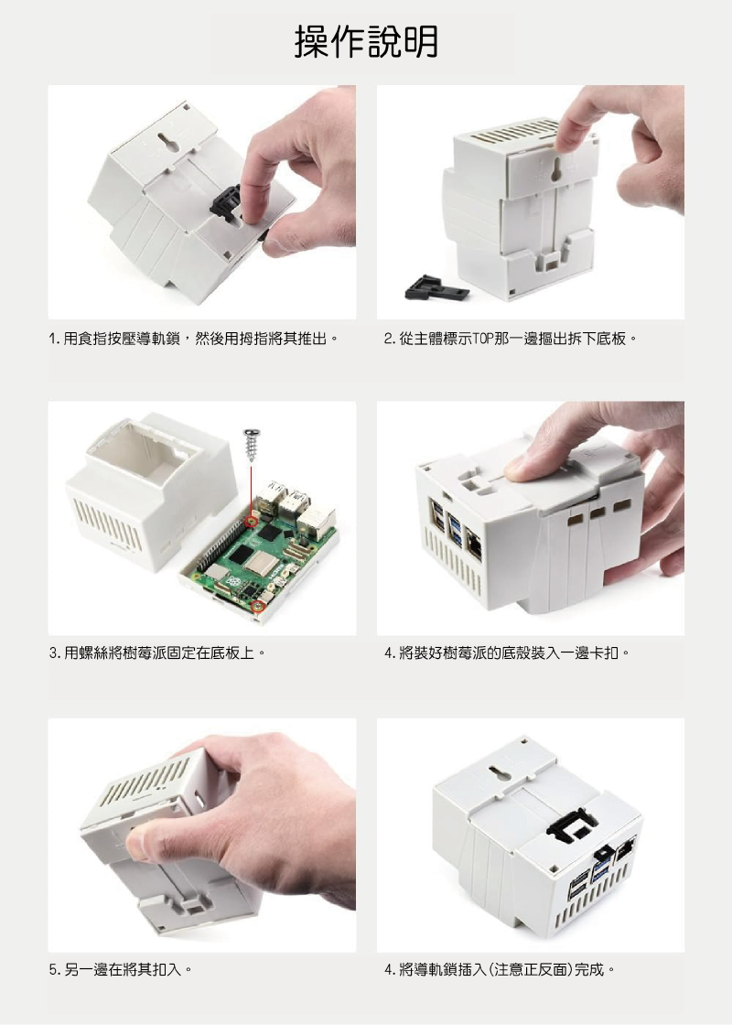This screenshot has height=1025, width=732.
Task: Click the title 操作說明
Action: pos(366,41)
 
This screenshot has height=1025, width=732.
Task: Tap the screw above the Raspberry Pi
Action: pos(252,444)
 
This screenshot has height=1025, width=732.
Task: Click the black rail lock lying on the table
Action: pos(436,287)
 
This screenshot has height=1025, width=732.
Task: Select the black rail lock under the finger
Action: pos(226,200)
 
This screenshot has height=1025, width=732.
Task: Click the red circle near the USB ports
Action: pos(251,521)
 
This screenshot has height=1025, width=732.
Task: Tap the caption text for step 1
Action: pos(194,339)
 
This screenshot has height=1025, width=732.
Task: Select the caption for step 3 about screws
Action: pos(157,653)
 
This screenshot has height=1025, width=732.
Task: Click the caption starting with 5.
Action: pos(121,969)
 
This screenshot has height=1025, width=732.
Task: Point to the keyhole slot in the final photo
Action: pos(498,776)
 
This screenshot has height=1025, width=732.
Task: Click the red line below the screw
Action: pos(252,488)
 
